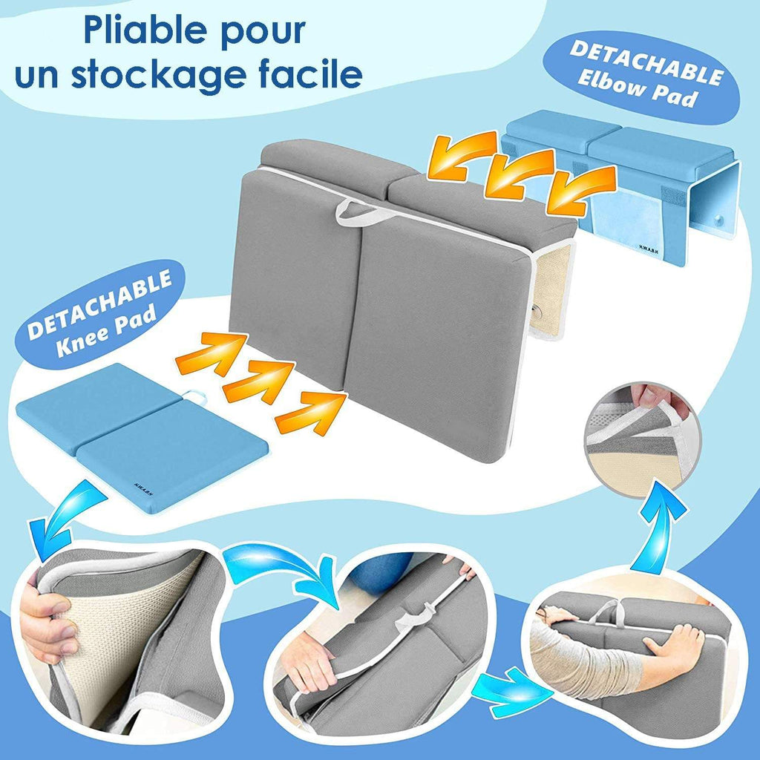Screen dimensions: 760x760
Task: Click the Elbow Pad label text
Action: tap(638, 91)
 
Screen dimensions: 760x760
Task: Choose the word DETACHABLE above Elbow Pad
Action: tap(647, 63)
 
